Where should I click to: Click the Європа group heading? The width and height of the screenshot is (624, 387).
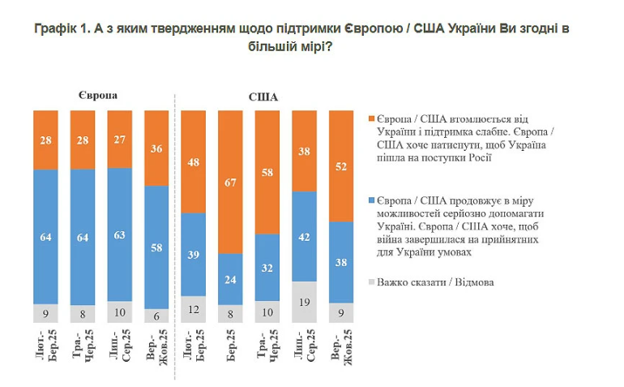pos(99,95)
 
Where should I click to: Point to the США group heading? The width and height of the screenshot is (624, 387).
pos(262,97)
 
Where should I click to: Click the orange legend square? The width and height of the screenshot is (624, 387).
pos(371,118)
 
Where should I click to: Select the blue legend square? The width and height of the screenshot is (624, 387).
pos(371,199)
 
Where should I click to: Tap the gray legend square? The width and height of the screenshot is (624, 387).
pos(371,282)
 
